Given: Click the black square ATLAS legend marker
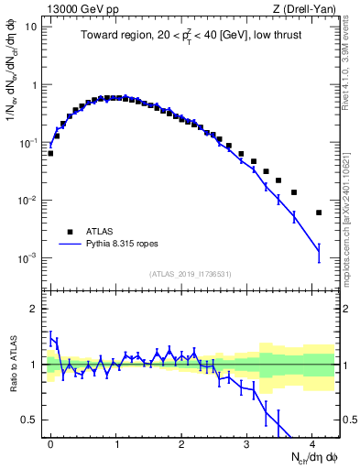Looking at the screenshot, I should (69, 231).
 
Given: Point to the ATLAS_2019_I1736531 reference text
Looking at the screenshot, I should (191, 274).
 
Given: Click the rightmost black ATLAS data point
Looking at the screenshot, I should (319, 213).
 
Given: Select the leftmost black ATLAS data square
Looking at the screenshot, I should (50, 153).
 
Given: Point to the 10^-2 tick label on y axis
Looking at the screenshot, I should (27, 201).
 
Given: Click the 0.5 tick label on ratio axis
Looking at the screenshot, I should (27, 420).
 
